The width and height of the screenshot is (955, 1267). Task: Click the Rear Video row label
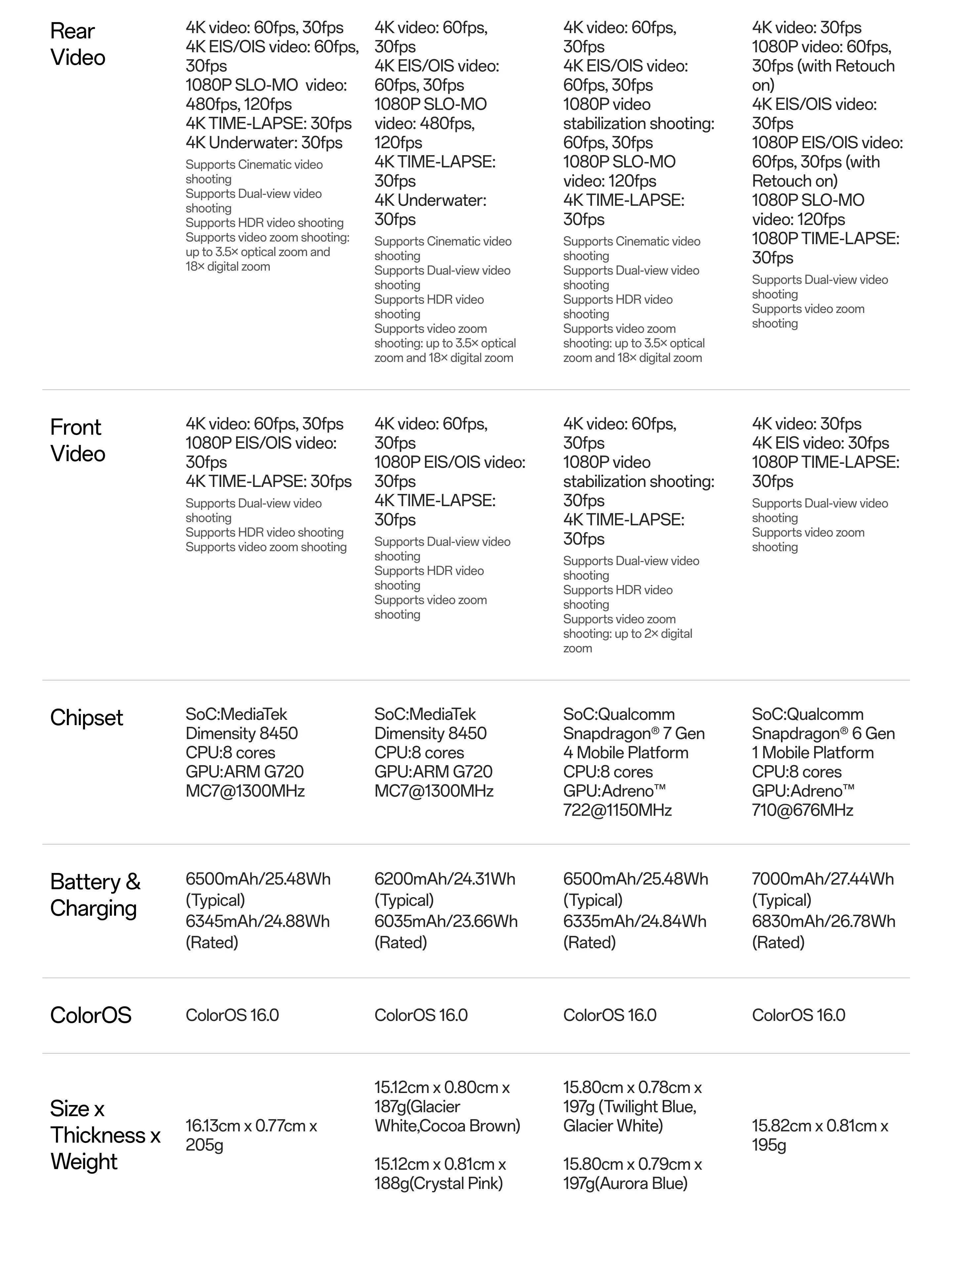point(78,44)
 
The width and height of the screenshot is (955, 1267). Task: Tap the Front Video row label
point(78,440)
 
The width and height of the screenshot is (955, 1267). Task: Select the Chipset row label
point(86,718)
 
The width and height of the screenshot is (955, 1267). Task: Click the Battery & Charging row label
point(95,895)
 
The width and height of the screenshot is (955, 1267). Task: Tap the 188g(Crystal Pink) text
point(438,1183)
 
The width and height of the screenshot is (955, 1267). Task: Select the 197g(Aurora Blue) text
point(625,1183)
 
